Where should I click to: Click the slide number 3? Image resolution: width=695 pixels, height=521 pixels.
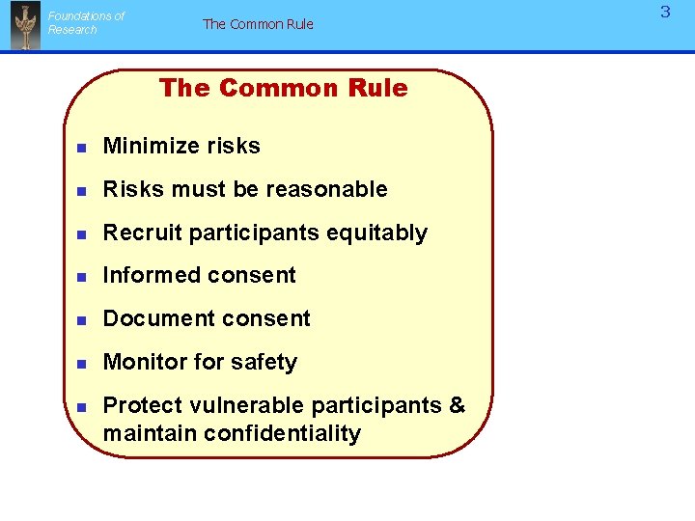click(665, 13)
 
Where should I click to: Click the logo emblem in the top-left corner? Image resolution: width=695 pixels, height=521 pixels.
click(25, 25)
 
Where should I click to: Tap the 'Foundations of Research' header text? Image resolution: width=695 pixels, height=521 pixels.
click(86, 22)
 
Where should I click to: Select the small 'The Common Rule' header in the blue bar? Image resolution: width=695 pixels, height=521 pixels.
click(258, 24)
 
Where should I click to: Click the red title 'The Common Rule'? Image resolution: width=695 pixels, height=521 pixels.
click(283, 88)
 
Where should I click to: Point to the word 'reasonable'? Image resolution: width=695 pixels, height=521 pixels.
click(326, 189)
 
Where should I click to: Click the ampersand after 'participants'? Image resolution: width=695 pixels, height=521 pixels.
click(458, 405)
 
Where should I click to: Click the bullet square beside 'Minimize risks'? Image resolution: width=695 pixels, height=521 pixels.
click(82, 148)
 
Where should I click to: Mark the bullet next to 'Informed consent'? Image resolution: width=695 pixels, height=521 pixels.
click(82, 277)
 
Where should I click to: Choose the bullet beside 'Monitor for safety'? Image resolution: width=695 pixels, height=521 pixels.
click(82, 364)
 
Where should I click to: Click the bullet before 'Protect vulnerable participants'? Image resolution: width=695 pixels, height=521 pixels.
click(82, 407)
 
